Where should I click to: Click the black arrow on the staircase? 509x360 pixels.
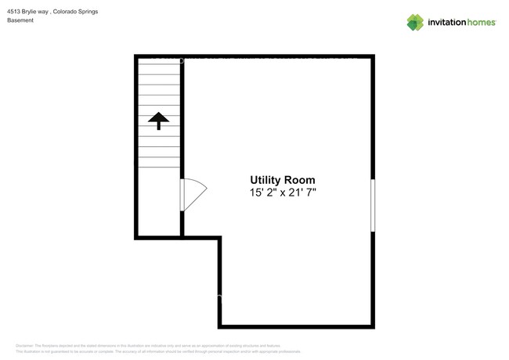coord(159,120)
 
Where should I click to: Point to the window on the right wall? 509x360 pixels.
coord(373,205)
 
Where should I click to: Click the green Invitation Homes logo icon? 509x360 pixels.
coord(415,22)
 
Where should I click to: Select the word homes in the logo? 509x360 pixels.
coord(482,23)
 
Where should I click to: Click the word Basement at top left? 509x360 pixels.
coord(20,20)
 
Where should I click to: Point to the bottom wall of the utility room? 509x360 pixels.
coord(296,326)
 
